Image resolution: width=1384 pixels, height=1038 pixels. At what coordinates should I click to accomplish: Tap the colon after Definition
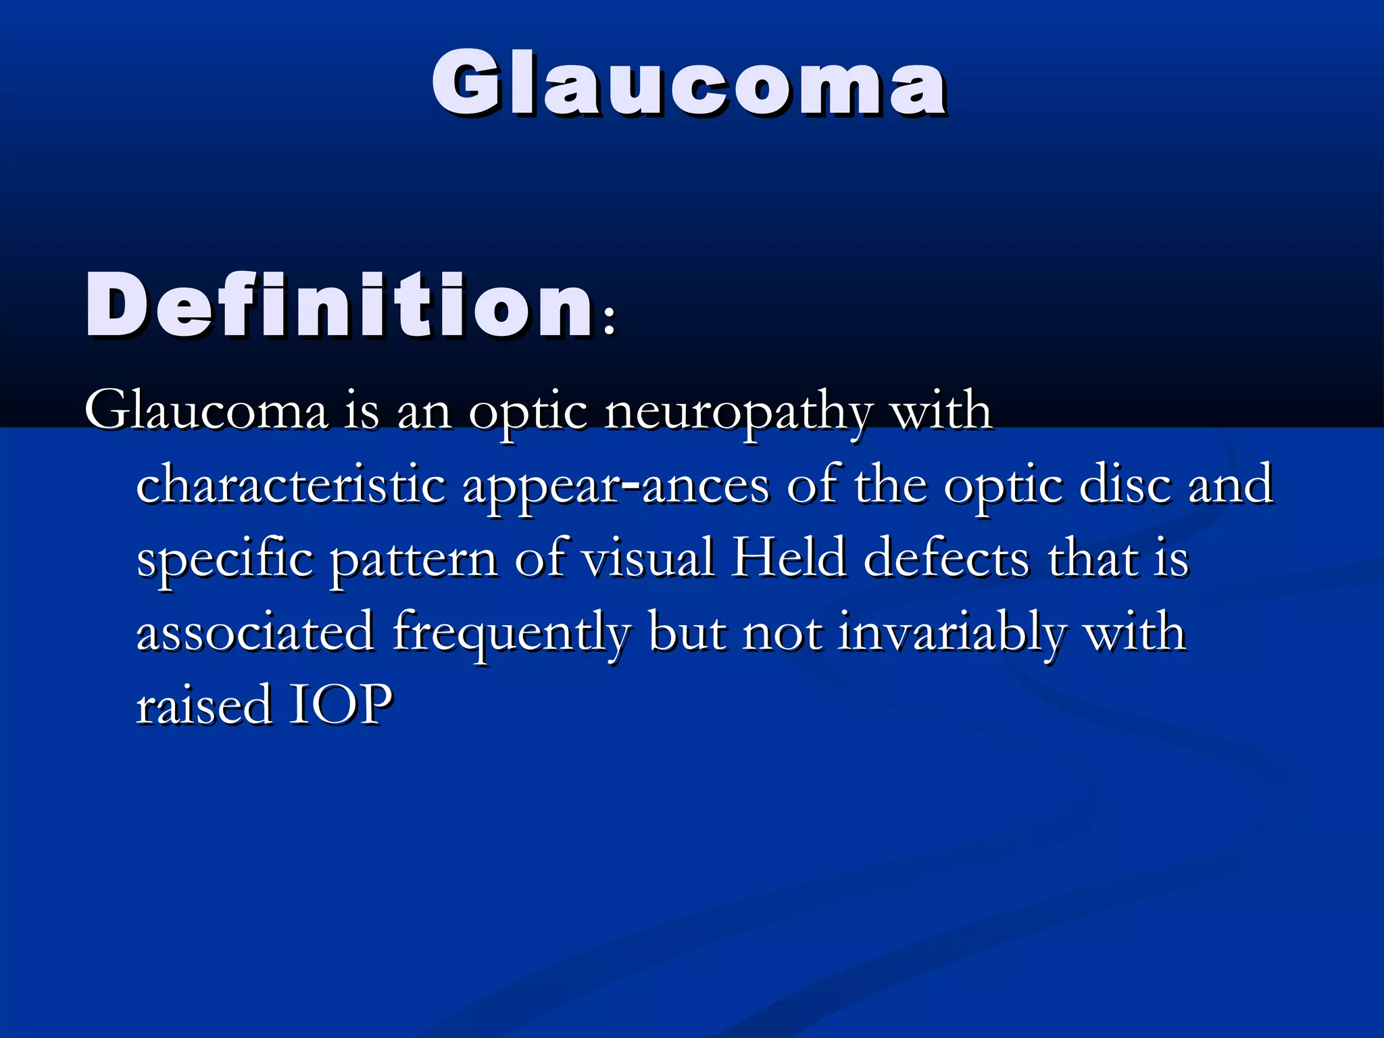(x=610, y=321)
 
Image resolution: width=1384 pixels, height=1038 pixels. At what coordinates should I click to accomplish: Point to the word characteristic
(x=291, y=485)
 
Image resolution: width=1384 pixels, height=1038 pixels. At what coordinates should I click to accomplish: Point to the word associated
(x=255, y=633)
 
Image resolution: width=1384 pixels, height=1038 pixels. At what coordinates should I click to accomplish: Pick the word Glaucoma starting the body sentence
(x=206, y=411)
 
